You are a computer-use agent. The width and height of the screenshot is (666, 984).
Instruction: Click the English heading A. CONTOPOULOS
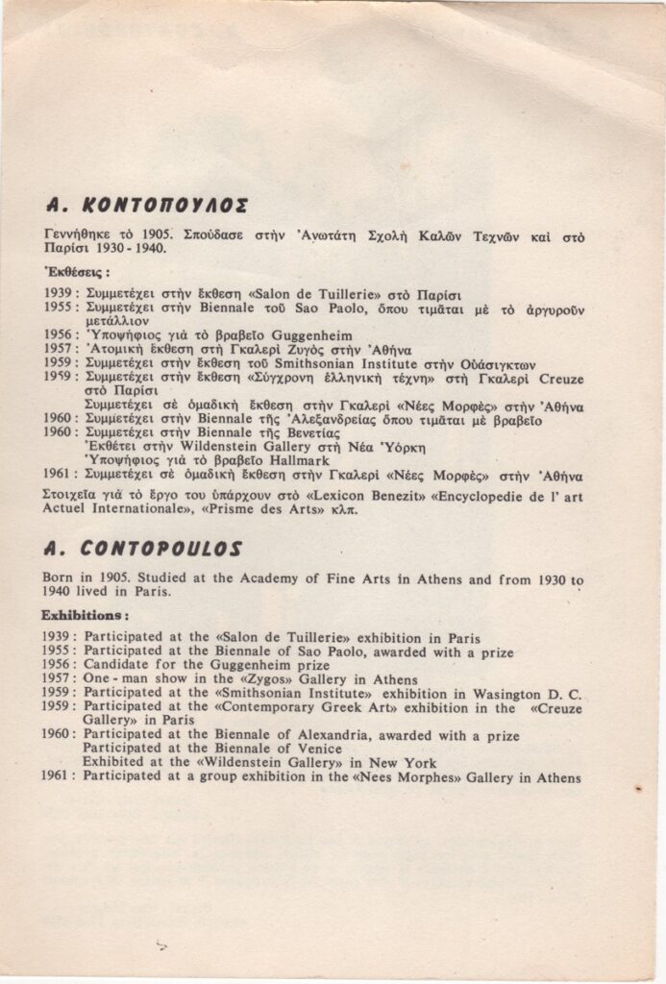point(143,549)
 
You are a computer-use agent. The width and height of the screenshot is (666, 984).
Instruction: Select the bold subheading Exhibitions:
point(86,613)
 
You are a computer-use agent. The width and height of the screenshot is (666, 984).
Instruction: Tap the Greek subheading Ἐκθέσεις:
point(77,271)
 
